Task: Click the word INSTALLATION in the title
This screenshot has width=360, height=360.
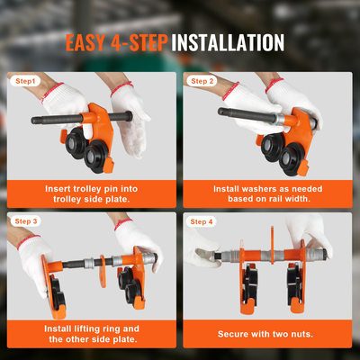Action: (x=228, y=42)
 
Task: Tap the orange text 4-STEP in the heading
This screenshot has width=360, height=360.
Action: (x=139, y=42)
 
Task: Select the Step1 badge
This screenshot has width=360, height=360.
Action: (x=25, y=81)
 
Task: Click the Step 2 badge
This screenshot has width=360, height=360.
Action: (x=202, y=81)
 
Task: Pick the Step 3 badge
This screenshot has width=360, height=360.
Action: (x=26, y=221)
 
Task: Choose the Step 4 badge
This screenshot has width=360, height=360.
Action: (x=202, y=221)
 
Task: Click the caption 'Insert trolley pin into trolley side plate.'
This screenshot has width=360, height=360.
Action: (x=92, y=193)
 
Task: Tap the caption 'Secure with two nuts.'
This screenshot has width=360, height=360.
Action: (x=265, y=334)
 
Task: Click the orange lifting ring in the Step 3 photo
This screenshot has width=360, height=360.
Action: (x=103, y=271)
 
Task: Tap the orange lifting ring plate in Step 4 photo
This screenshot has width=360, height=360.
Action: (x=273, y=246)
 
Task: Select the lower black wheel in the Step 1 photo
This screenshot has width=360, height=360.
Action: (x=94, y=156)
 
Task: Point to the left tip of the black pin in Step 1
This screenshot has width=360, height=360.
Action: (x=31, y=121)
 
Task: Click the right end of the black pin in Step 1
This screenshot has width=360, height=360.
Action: (x=130, y=115)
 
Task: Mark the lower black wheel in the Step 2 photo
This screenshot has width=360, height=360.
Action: (x=290, y=159)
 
